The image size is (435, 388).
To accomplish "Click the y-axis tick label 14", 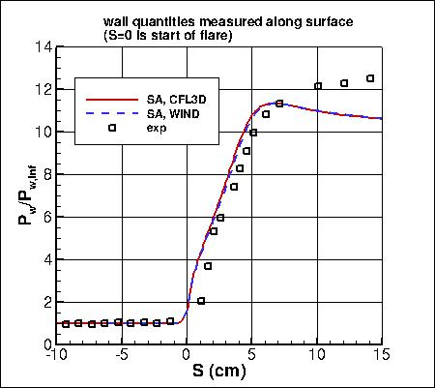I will [x=43, y=46].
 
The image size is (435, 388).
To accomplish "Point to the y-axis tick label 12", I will [x=43, y=89].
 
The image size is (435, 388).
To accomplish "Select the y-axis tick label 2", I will [x=46, y=302].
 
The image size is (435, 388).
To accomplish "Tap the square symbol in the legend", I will [x=112, y=127].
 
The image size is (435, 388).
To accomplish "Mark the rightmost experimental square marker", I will [x=370, y=78].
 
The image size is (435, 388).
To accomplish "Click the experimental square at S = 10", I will [x=318, y=86].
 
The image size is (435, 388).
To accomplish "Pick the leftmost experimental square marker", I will [x=66, y=324].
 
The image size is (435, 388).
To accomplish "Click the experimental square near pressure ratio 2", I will [x=201, y=301].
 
